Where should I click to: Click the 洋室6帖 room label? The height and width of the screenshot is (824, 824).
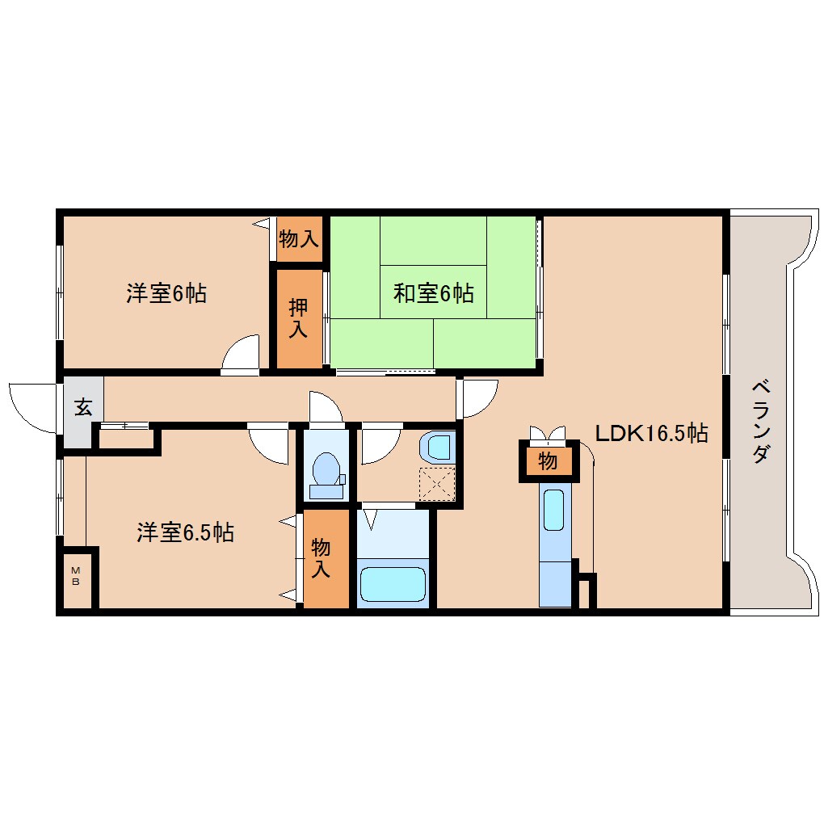[x=166, y=293]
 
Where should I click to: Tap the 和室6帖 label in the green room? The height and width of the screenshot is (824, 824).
[x=433, y=292]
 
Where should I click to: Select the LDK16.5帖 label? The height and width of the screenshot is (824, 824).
[x=651, y=434]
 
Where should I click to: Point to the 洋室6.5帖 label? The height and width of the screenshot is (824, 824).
[x=185, y=532]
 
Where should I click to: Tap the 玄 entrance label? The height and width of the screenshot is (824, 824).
[x=83, y=406]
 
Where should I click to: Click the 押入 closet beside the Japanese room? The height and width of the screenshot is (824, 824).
[x=298, y=317]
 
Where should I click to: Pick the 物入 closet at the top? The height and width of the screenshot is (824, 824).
[x=299, y=238]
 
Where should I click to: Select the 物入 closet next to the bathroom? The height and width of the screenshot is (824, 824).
[x=321, y=557]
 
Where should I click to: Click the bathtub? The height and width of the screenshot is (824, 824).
[x=392, y=583]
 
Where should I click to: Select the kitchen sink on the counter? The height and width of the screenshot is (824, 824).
[x=554, y=511]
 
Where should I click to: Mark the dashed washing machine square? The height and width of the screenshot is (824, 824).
[x=436, y=484]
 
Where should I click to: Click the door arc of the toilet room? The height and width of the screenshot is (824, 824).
[x=326, y=406]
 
